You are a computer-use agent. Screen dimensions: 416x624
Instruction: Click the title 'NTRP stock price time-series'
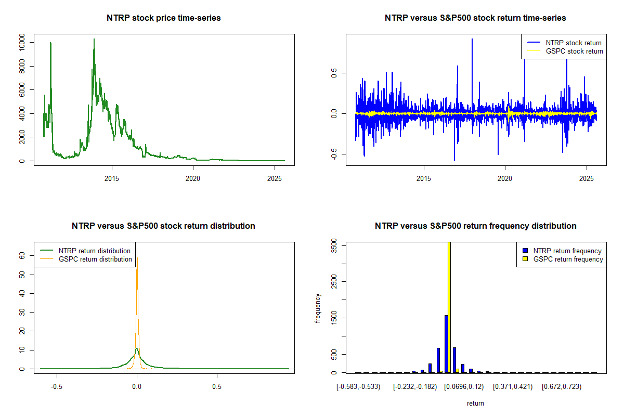click(x=164, y=18)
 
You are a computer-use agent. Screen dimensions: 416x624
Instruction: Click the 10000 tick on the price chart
click(x=22, y=43)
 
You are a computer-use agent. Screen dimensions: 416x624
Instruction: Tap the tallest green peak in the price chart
click(x=94, y=40)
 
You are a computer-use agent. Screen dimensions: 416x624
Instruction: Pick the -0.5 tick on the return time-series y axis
click(x=333, y=153)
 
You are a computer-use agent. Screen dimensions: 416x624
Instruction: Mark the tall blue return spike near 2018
click(x=472, y=40)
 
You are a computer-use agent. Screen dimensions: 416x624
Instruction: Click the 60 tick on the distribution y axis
click(x=22, y=256)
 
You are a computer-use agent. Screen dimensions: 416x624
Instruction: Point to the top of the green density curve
click(x=136, y=348)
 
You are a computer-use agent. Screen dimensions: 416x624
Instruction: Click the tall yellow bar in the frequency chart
click(x=449, y=307)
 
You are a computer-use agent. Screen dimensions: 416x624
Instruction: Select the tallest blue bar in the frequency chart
click(x=446, y=343)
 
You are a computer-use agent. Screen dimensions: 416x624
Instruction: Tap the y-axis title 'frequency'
click(x=318, y=308)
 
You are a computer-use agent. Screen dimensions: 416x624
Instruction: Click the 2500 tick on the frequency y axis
click(x=334, y=281)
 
